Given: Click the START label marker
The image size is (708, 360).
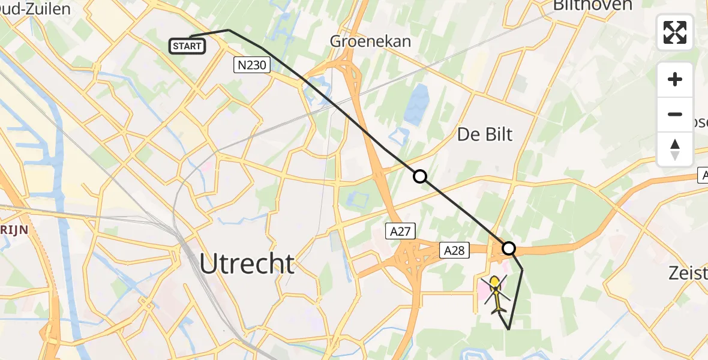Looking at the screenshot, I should click(x=188, y=46).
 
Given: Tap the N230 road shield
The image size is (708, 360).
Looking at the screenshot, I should click(x=251, y=65).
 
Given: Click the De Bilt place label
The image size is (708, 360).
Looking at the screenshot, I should click(x=485, y=134).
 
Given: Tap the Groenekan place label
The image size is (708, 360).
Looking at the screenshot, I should click(x=371, y=41).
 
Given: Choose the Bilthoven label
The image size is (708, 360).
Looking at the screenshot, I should click(x=592, y=6).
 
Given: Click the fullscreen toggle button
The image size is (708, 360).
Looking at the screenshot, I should click(x=675, y=32).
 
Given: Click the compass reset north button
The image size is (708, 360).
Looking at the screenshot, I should click(x=675, y=149).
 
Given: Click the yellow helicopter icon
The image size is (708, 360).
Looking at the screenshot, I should click(x=494, y=293).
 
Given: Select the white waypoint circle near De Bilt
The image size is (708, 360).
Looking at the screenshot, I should click(x=420, y=176).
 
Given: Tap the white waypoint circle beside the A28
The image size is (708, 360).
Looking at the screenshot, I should click(x=509, y=248).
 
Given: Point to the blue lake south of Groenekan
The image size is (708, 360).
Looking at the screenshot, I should click(x=416, y=104).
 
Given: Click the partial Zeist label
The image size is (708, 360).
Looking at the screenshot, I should click(x=688, y=274).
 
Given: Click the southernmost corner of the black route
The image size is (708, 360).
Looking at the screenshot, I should click(x=509, y=329).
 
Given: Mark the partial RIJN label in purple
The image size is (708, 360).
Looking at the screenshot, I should click(x=12, y=229).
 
